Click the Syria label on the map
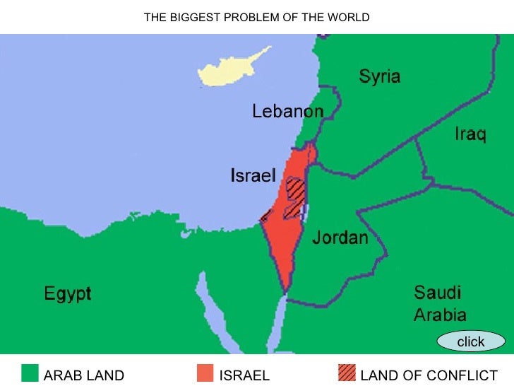380,76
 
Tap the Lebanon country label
288,112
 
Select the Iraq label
470,134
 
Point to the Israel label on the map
253,175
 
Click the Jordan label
340,238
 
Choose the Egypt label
68,293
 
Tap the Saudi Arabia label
439,303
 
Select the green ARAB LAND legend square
30,373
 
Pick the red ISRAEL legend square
205,373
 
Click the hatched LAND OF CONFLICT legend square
347,373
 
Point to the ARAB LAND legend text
84,375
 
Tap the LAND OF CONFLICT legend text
429,375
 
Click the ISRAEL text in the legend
244,375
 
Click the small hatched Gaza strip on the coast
265,216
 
